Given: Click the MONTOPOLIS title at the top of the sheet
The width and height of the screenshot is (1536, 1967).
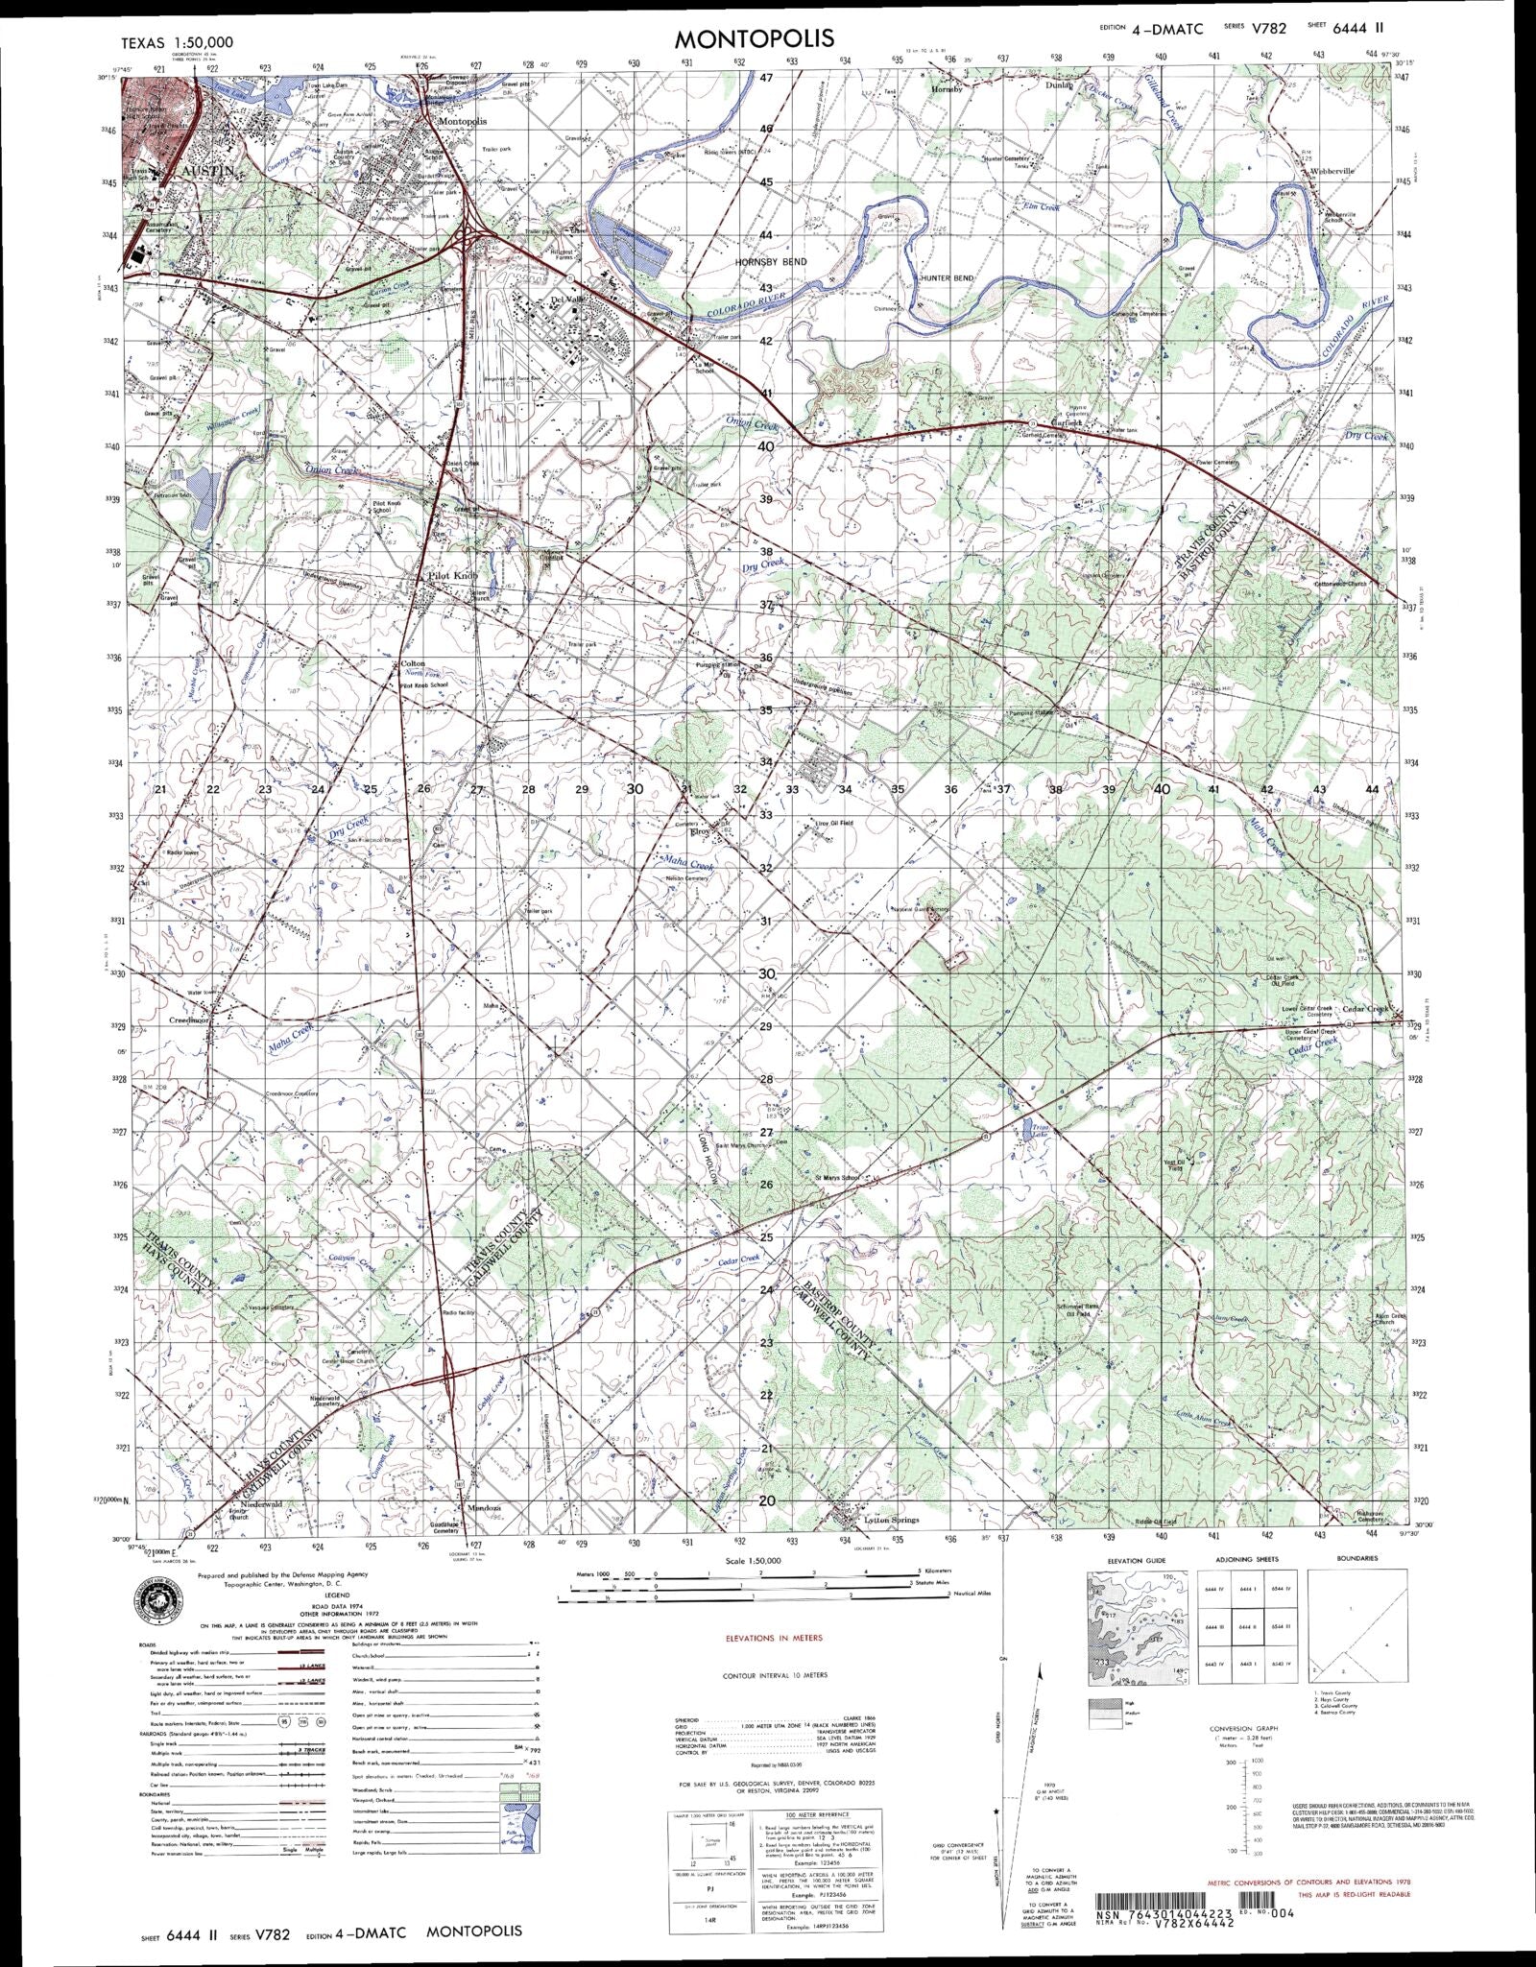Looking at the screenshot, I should [x=754, y=37].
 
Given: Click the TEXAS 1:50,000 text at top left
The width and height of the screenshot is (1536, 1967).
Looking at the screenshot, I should [x=177, y=43].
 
